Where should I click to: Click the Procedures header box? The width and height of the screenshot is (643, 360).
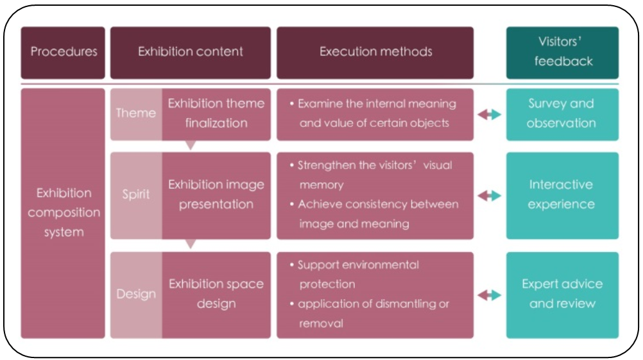(63, 52)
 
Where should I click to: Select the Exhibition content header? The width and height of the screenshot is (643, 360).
(191, 52)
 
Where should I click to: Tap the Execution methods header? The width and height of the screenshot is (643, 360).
(375, 52)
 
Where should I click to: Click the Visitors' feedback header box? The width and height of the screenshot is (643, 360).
(562, 52)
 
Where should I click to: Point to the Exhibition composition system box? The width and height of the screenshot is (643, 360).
(63, 212)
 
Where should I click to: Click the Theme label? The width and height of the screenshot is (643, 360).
(136, 114)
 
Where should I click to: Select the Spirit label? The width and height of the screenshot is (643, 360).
(136, 194)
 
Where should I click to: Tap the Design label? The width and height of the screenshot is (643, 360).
(136, 295)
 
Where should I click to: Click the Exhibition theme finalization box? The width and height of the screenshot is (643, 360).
(216, 113)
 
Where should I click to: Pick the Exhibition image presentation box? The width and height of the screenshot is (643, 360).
(216, 194)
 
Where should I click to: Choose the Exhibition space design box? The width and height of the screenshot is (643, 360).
(216, 294)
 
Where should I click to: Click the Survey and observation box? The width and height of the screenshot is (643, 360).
(562, 114)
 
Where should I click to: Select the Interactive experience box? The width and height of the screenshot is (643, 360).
(562, 194)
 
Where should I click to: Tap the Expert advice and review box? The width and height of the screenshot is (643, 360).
(562, 294)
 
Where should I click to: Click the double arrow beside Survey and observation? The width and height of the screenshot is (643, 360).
(490, 114)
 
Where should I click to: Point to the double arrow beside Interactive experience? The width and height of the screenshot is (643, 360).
(490, 196)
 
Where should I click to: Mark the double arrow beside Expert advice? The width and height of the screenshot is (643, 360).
(490, 295)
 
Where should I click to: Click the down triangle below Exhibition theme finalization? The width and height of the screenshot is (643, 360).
(190, 146)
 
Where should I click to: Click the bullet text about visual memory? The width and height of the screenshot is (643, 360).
(375, 175)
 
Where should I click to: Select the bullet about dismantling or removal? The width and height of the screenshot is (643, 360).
(373, 313)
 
